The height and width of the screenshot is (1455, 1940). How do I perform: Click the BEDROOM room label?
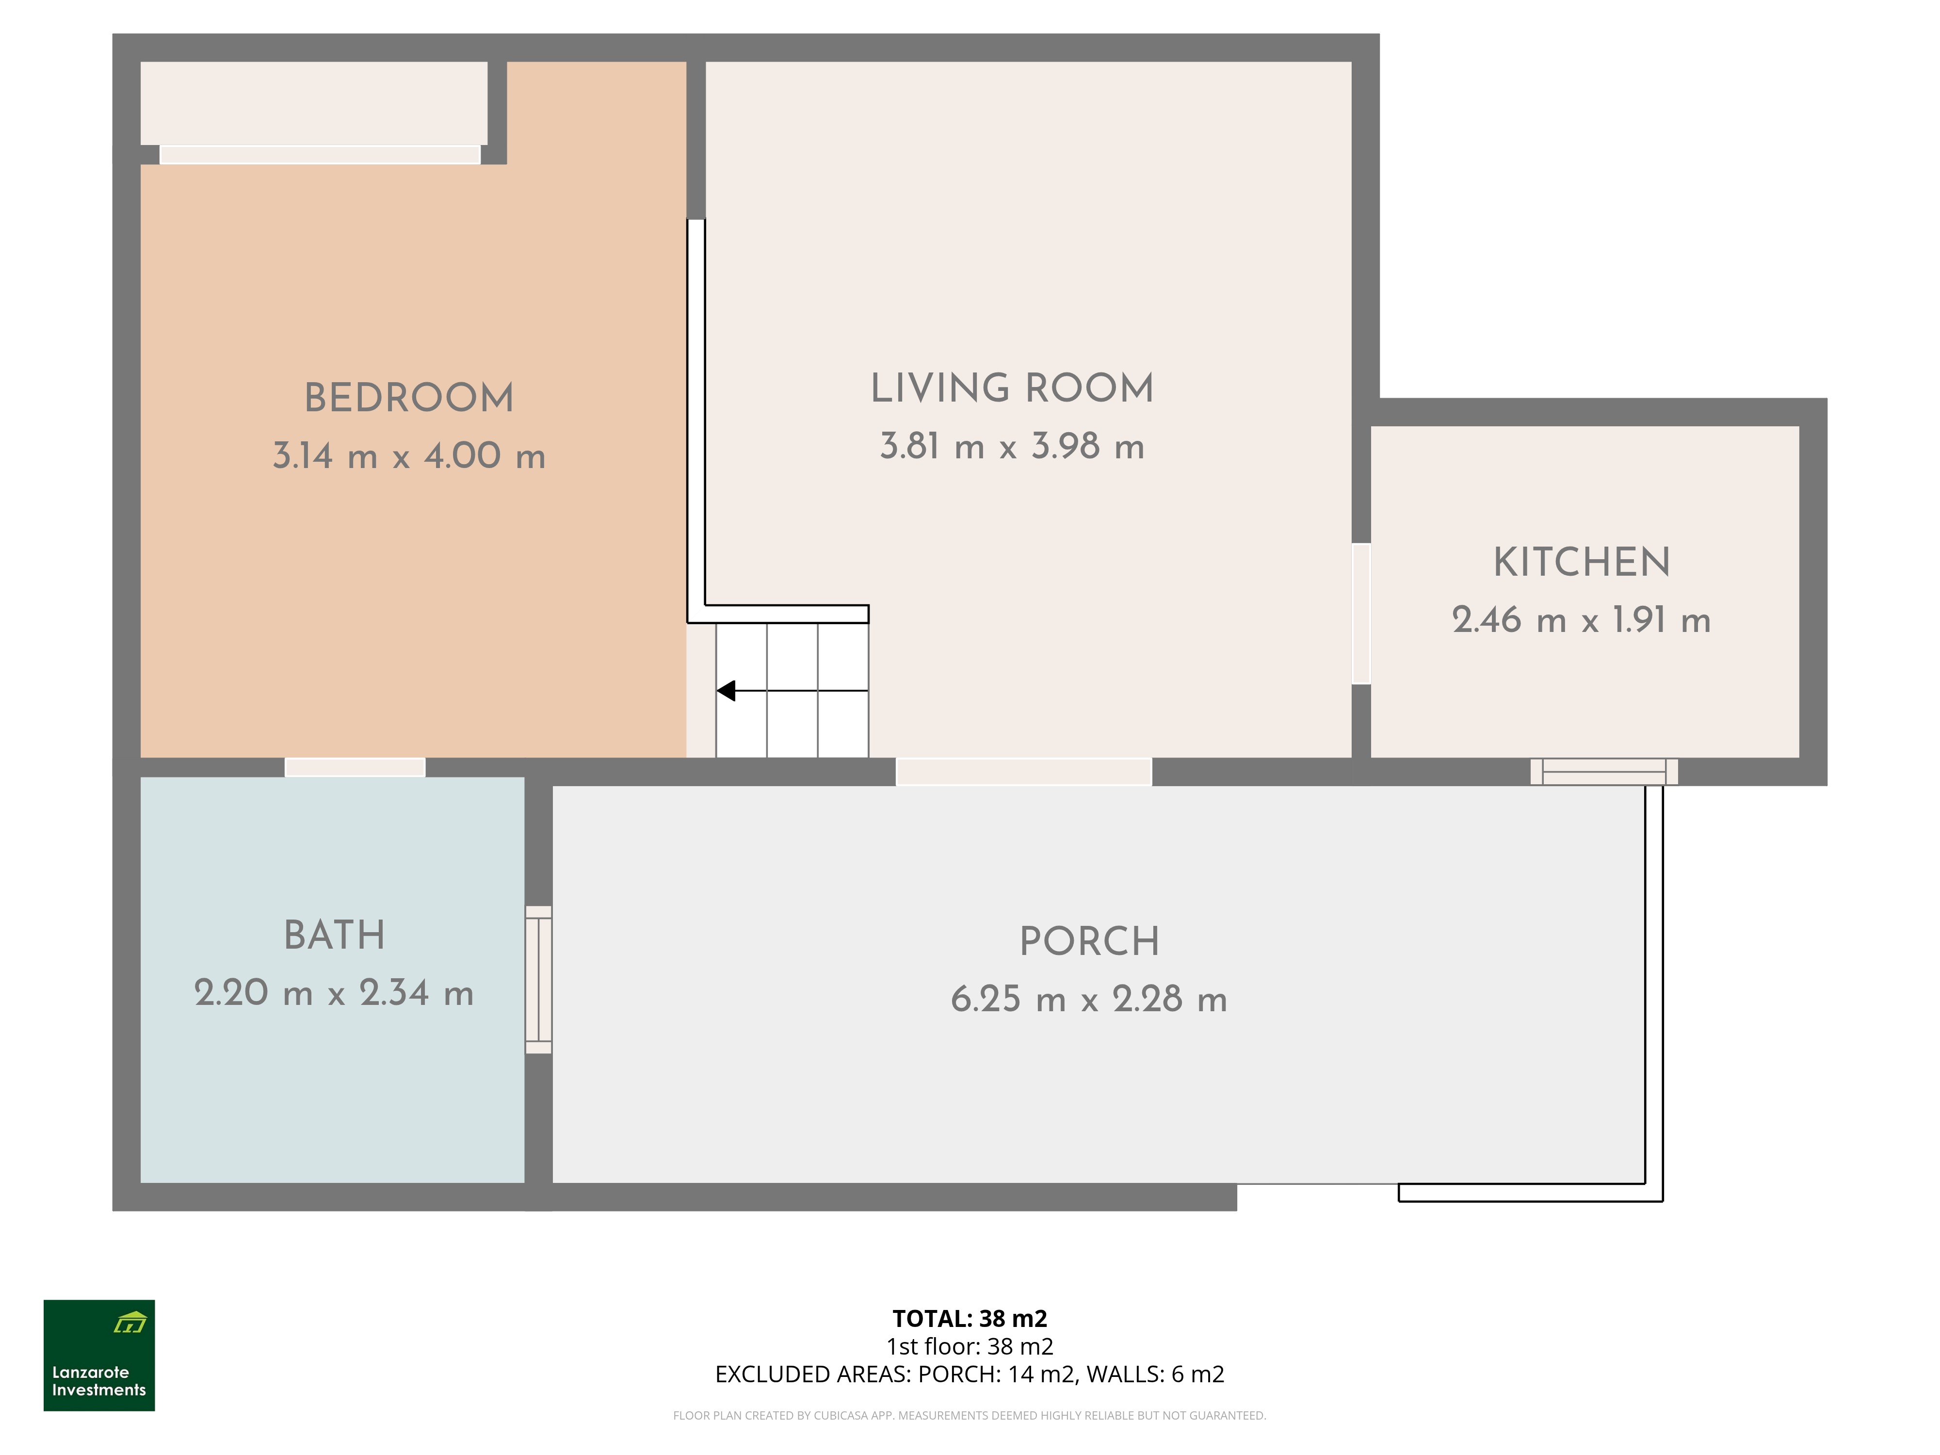click(x=409, y=398)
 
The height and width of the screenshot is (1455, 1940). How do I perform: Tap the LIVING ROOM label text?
click(x=1012, y=388)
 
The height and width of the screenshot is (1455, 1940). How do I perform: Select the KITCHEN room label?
click(x=1582, y=562)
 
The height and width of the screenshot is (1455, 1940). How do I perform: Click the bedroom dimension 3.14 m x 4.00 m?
click(x=409, y=456)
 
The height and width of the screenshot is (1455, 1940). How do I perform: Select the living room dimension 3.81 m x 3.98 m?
click(x=1012, y=446)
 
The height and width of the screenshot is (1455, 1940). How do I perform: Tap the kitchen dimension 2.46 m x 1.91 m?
click(x=1581, y=620)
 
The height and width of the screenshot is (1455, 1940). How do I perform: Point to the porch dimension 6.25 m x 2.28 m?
click(x=1089, y=999)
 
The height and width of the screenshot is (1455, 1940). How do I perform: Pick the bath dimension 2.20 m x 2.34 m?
click(x=334, y=993)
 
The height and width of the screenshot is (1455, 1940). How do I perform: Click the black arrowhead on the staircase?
click(x=726, y=691)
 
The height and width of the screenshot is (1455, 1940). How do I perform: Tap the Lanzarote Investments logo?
click(x=99, y=1355)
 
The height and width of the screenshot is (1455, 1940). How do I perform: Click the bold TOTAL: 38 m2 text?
click(x=970, y=1318)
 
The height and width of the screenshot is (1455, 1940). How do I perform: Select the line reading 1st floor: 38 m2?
click(x=970, y=1346)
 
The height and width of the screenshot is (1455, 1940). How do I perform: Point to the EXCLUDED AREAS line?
click(x=970, y=1374)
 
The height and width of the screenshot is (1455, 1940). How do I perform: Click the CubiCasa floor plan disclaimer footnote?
click(x=970, y=1416)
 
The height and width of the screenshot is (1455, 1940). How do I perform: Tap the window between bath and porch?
click(x=538, y=980)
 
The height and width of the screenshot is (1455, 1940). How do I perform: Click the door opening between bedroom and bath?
click(x=355, y=767)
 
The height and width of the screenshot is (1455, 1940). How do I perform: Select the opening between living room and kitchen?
click(x=1361, y=614)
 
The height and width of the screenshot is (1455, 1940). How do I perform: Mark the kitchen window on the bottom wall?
click(x=1604, y=772)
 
